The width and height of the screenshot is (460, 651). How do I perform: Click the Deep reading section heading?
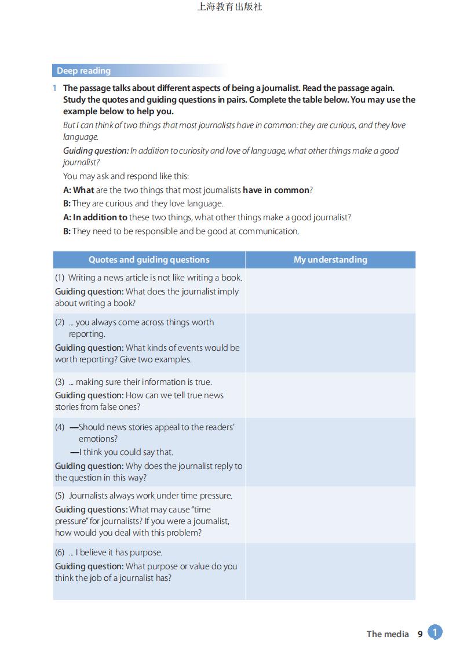pyautogui.click(x=83, y=71)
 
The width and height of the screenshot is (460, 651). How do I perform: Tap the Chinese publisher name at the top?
pyautogui.click(x=229, y=7)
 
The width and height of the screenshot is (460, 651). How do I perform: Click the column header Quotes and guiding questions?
pyautogui.click(x=149, y=260)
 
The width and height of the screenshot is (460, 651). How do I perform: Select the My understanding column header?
pyautogui.click(x=330, y=260)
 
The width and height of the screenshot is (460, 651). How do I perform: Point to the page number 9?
pyautogui.click(x=420, y=634)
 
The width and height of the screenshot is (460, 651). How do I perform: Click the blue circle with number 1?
pyautogui.click(x=435, y=632)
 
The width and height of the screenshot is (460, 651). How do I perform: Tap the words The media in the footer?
pyautogui.click(x=388, y=634)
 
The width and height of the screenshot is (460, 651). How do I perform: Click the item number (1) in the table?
pyautogui.click(x=60, y=278)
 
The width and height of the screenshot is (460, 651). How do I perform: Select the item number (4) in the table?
pyautogui.click(x=60, y=427)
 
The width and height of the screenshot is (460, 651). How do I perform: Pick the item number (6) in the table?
pyautogui.click(x=60, y=552)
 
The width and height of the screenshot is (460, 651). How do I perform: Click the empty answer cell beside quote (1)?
pyautogui.click(x=330, y=291)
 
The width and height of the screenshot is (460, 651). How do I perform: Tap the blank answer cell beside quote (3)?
pyautogui.click(x=330, y=395)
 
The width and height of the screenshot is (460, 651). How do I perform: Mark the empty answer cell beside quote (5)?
pyautogui.click(x=330, y=514)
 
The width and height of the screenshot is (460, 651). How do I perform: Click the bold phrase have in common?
pyautogui.click(x=276, y=190)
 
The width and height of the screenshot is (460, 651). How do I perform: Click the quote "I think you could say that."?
pyautogui.click(x=126, y=452)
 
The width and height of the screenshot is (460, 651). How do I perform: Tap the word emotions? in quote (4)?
pyautogui.click(x=98, y=439)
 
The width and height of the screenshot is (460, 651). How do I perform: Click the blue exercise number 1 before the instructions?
pyautogui.click(x=54, y=88)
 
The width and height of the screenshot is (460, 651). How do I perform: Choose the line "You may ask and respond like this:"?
pyautogui.click(x=126, y=176)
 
